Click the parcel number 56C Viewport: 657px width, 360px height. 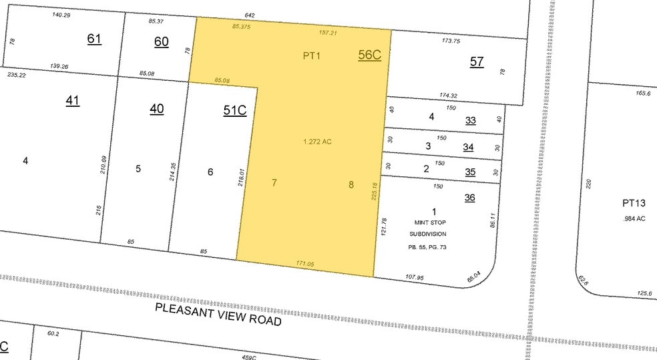coord(369,55)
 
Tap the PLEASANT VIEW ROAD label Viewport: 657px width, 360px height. coord(218,314)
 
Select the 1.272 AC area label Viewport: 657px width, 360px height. coord(318,142)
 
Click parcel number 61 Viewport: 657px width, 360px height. coord(94,38)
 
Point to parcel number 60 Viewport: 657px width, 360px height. coord(161,41)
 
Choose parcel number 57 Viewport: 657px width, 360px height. coord(476,61)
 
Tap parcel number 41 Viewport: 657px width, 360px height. coord(73,101)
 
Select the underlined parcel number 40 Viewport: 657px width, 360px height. coord(156,108)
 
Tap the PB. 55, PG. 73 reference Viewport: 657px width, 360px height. coord(427,247)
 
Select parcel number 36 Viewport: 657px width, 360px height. coord(470,198)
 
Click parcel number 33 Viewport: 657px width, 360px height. coord(471,120)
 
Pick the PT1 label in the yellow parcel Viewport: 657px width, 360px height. coord(312,56)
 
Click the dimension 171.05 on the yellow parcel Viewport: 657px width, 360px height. coord(305,264)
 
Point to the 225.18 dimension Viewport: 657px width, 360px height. coord(375,191)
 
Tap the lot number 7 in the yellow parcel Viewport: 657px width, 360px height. coord(274,182)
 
